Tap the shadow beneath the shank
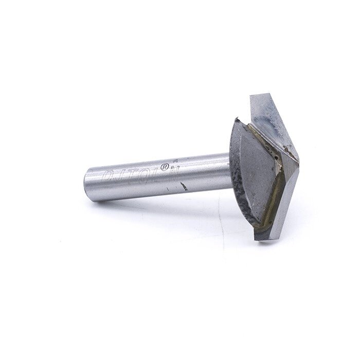pyautogui.click(x=154, y=203)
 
